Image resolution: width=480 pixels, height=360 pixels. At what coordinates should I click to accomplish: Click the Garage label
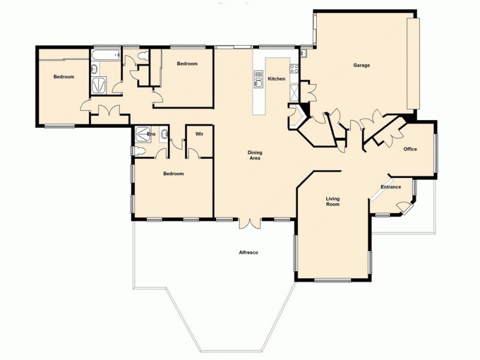(x=361, y=65)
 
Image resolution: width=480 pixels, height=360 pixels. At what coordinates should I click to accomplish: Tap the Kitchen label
(x=276, y=79)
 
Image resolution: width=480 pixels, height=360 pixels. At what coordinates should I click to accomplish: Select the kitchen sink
(x=259, y=79)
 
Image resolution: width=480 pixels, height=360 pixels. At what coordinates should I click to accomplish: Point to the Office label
(x=410, y=149)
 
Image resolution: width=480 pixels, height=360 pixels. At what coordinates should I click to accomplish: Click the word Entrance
(x=391, y=187)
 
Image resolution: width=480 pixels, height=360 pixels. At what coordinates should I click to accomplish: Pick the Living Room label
(x=332, y=201)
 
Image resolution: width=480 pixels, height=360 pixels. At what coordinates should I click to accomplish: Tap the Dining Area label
(x=255, y=155)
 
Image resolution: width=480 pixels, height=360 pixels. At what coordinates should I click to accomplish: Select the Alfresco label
(x=248, y=253)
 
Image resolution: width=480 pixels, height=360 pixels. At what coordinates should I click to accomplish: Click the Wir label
(x=200, y=134)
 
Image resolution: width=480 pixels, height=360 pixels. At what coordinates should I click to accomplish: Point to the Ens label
(x=151, y=134)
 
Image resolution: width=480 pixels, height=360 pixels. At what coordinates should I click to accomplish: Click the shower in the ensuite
(x=143, y=133)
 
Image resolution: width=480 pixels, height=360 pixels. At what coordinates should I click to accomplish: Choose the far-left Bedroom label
(x=64, y=77)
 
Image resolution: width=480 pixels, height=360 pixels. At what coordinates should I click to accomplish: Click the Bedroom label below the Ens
(x=173, y=174)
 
